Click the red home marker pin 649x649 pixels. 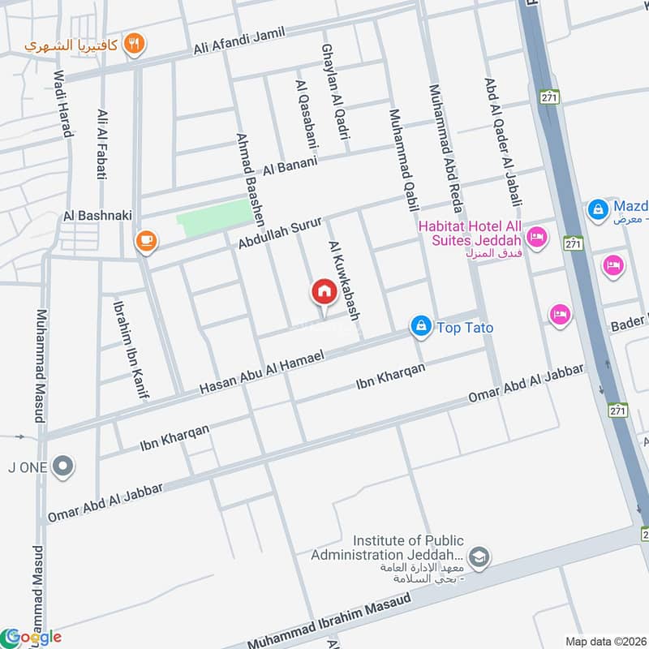pos(324,293)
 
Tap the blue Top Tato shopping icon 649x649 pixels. pos(420,327)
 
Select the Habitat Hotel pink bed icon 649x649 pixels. pos(535,237)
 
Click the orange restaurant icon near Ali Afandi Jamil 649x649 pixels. pos(135,45)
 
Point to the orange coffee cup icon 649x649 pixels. pos(145,240)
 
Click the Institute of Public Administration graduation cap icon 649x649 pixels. pos(479,556)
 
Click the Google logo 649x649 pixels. pos(32,637)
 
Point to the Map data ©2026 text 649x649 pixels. pos(604,641)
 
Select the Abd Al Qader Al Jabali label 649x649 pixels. pos(502,143)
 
